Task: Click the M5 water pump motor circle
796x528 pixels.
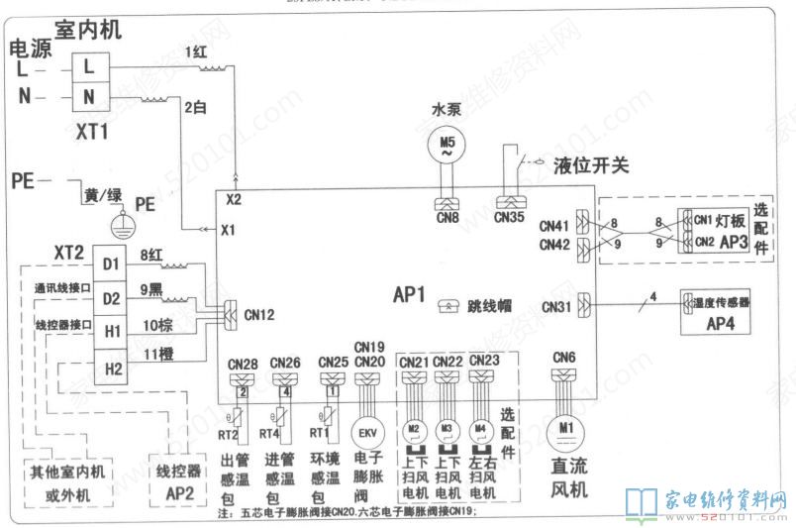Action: coord(447,146)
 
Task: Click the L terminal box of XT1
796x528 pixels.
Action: coord(89,67)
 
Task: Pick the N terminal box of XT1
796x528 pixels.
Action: coord(89,96)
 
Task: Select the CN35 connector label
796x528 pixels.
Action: coord(510,217)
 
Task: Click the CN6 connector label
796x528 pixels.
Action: coord(564,358)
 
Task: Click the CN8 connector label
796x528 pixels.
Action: coord(448,217)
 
